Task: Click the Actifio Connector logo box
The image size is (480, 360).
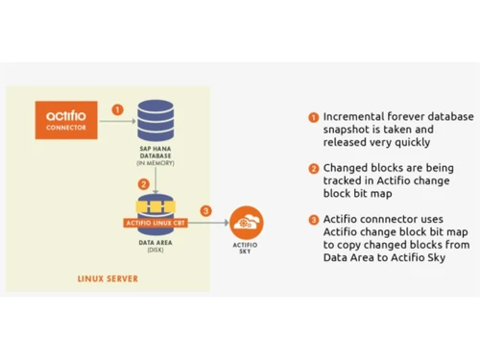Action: (x=66, y=121)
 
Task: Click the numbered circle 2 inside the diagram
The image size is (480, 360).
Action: (x=143, y=182)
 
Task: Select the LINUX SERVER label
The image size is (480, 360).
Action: (x=107, y=279)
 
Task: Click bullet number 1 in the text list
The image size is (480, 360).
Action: (x=313, y=117)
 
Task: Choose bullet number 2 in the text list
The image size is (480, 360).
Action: (x=313, y=168)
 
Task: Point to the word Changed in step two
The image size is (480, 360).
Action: (x=345, y=168)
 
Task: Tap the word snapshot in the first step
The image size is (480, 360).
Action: (x=348, y=129)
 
